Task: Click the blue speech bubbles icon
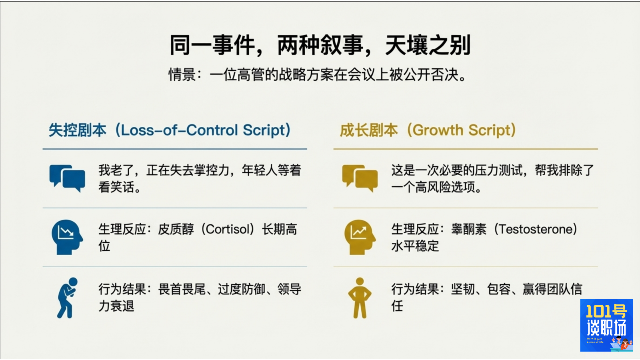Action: [67, 178]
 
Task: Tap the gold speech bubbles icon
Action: [360, 178]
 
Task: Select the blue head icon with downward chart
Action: [67, 237]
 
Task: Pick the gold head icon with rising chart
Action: [360, 237]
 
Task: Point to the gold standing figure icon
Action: [360, 298]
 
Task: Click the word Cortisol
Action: [230, 229]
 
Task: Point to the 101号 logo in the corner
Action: [606, 325]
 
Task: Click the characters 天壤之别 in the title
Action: [428, 45]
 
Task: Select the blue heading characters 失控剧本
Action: [78, 130]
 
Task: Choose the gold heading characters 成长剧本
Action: [369, 130]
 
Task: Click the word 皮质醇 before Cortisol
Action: [176, 229]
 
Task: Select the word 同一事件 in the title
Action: [212, 45]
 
